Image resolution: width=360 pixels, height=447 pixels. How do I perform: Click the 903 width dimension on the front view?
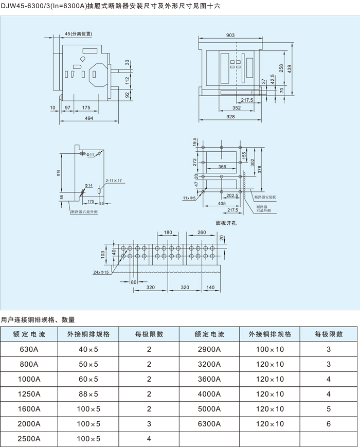pyautogui.click(x=230, y=35)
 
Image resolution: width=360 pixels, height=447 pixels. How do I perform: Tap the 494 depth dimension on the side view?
pyautogui.click(x=88, y=118)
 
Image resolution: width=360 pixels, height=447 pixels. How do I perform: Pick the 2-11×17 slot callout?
pyautogui.click(x=113, y=181)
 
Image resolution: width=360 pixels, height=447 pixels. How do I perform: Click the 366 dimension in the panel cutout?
pyautogui.click(x=222, y=167)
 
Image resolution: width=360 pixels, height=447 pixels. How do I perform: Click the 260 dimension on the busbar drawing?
pyautogui.click(x=202, y=232)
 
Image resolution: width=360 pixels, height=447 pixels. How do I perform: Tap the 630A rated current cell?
pyautogui.click(x=29, y=349)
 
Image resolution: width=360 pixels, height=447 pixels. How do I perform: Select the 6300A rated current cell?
pyautogui.click(x=209, y=424)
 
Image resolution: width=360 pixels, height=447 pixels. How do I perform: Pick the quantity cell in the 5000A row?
pyautogui.click(x=329, y=409)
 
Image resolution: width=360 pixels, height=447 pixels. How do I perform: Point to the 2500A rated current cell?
pyautogui.click(x=29, y=439)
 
